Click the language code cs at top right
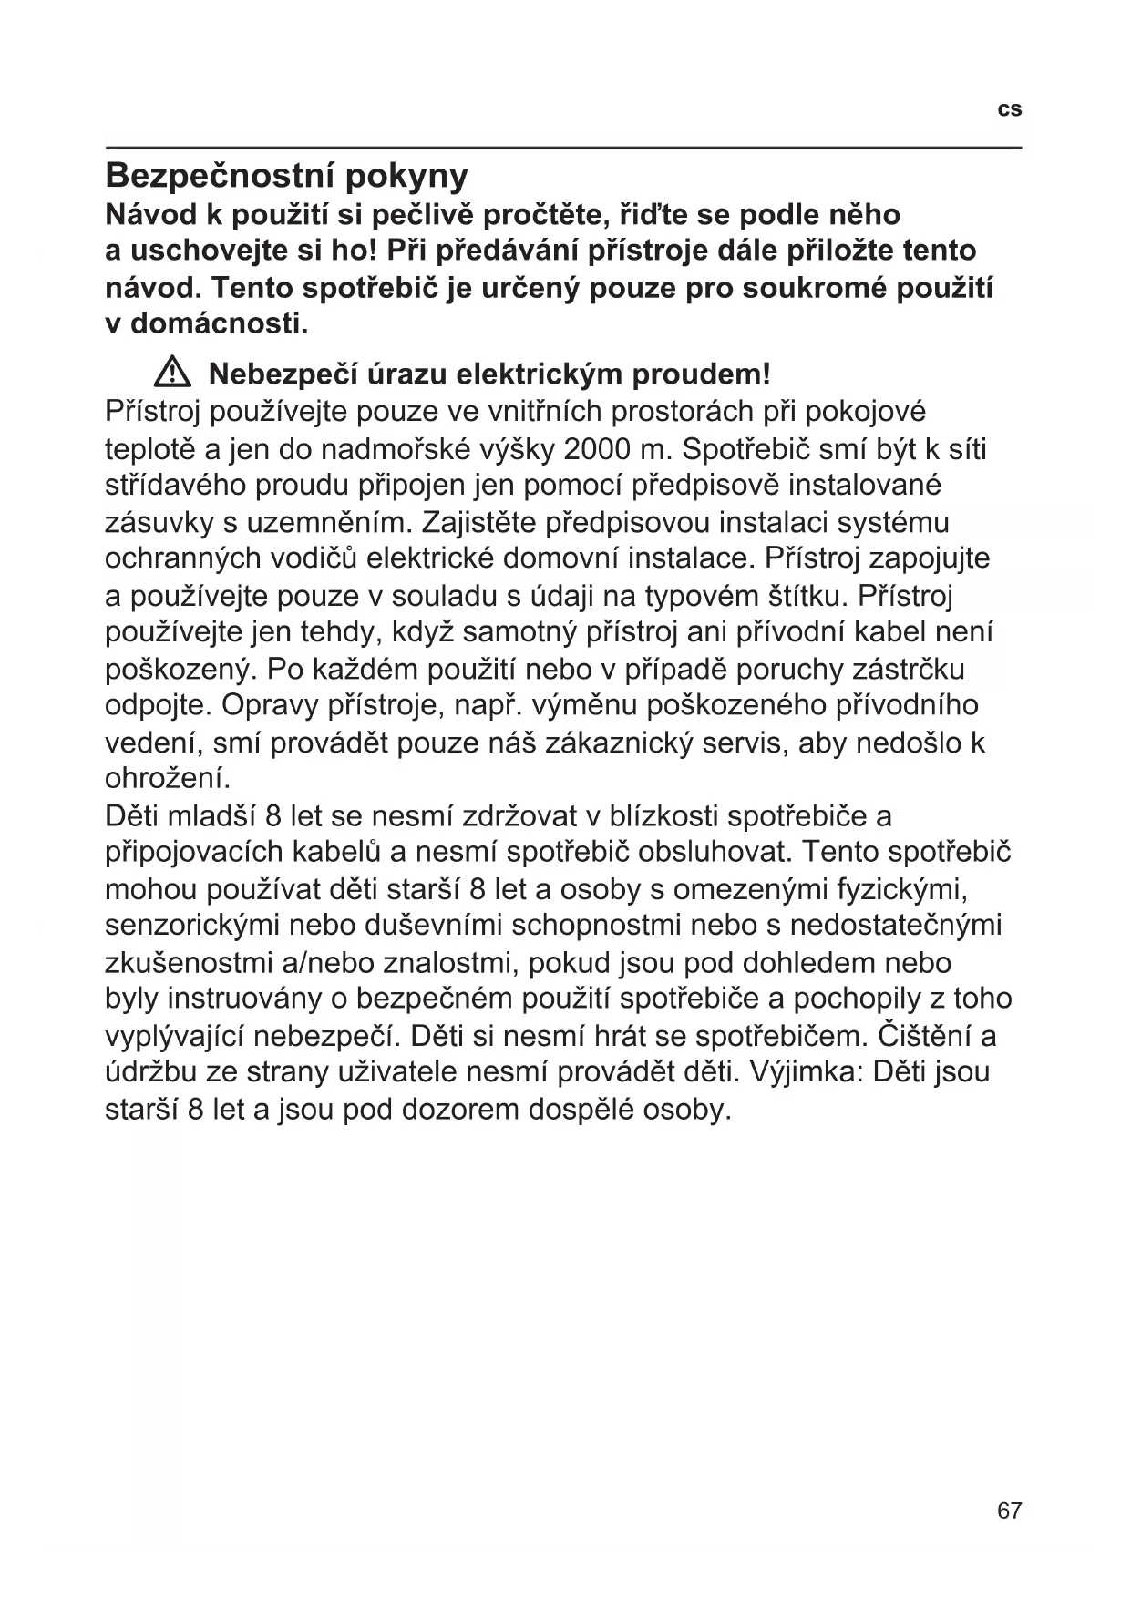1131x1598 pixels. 1010,109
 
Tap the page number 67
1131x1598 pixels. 1010,1511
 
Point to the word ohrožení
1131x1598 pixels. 168,779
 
